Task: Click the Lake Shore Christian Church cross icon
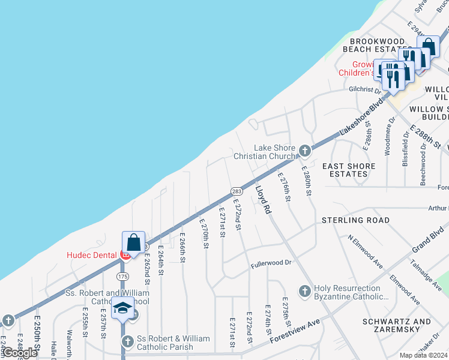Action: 305,150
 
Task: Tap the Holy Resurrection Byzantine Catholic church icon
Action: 305,291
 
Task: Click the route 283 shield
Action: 237,190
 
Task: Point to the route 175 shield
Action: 122,275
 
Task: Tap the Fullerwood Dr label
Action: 271,263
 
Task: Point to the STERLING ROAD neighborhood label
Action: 356,220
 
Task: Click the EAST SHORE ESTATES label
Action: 349,170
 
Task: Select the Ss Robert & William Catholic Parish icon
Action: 127,341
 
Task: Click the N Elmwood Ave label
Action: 366,250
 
